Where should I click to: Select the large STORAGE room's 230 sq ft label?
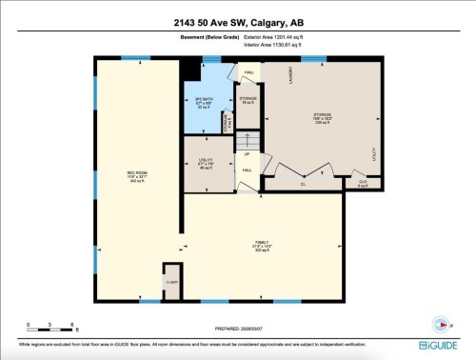click(322, 118)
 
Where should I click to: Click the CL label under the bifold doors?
click(303, 183)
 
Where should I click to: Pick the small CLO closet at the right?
click(362, 183)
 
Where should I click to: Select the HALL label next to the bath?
click(248, 72)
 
